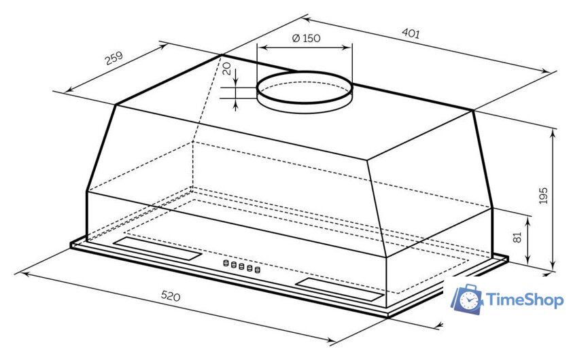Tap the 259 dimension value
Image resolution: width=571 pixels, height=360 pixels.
pos(114,60)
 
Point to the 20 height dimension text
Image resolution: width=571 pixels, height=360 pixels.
pos(227,69)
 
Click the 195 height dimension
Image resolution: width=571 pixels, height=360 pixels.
pos(542,196)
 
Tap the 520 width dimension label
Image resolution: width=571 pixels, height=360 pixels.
pos(171,296)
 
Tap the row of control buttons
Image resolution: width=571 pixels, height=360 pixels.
pos(241,267)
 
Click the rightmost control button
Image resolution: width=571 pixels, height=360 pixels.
pos(258,270)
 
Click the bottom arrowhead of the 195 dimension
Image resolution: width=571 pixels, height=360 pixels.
pos(551,270)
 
